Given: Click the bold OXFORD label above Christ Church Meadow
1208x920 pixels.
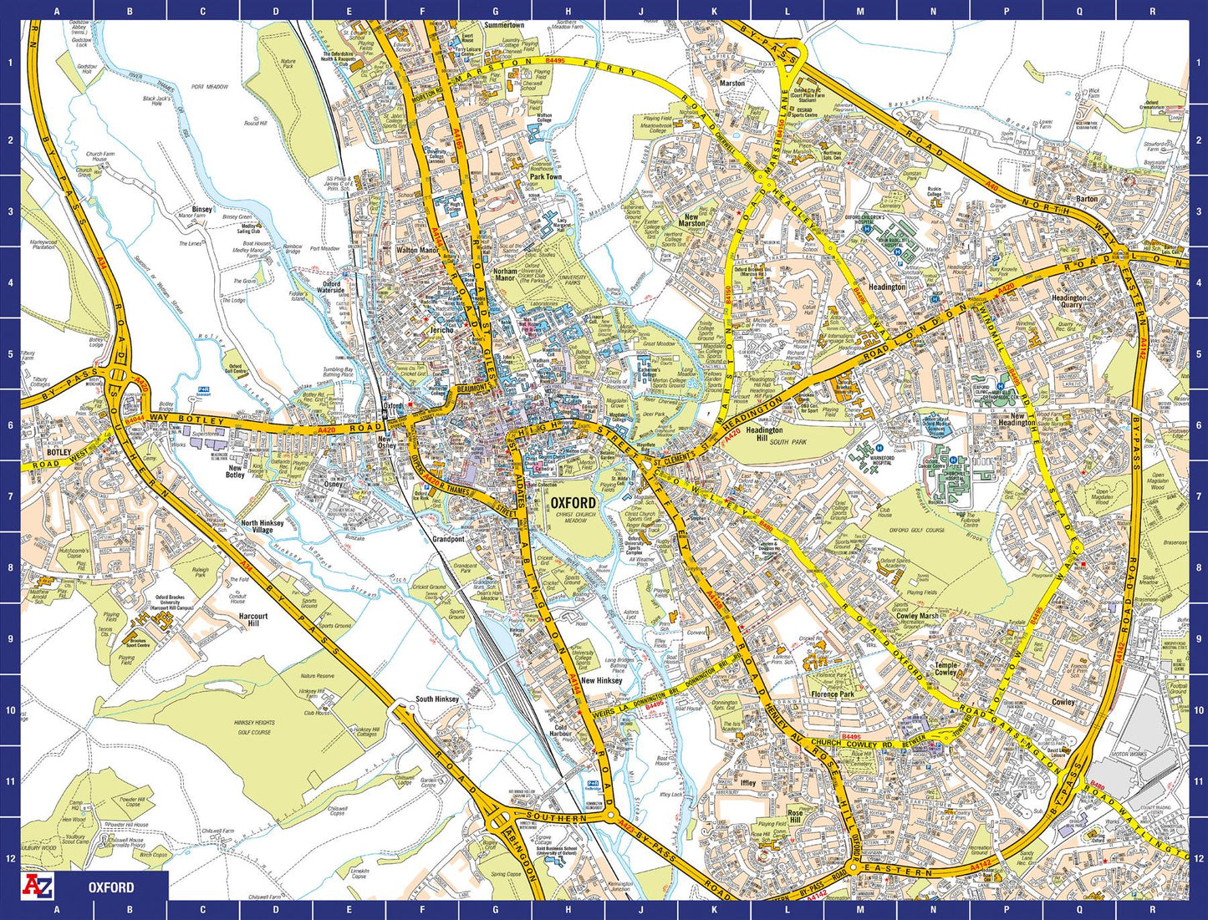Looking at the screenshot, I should (573, 503).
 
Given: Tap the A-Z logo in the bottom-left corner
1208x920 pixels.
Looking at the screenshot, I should (37, 886).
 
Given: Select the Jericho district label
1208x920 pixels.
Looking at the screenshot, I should (441, 330).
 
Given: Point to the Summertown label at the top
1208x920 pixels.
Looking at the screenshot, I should (504, 26).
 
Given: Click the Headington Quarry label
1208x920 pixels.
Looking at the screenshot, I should (1068, 302).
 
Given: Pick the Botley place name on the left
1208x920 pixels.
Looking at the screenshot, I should (59, 452).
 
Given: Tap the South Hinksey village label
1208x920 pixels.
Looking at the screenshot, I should (437, 699).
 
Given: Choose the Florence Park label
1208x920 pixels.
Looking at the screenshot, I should (832, 694).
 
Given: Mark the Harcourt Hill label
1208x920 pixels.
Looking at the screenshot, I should (253, 620).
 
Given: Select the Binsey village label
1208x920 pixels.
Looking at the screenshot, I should (202, 210).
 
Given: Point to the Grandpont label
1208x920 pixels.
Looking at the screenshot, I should (448, 539).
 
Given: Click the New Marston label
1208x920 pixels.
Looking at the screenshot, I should (691, 220).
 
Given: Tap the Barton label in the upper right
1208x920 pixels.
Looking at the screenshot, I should (1087, 199).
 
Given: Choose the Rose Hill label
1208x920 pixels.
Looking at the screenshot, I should (795, 816).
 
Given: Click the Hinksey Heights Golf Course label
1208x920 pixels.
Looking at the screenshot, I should (254, 728).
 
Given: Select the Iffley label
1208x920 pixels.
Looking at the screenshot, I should (748, 783).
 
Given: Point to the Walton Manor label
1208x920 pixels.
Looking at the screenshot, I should (416, 251).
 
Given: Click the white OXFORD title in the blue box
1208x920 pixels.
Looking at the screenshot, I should (111, 887).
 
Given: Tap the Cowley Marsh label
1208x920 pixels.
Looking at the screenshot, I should (917, 616).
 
